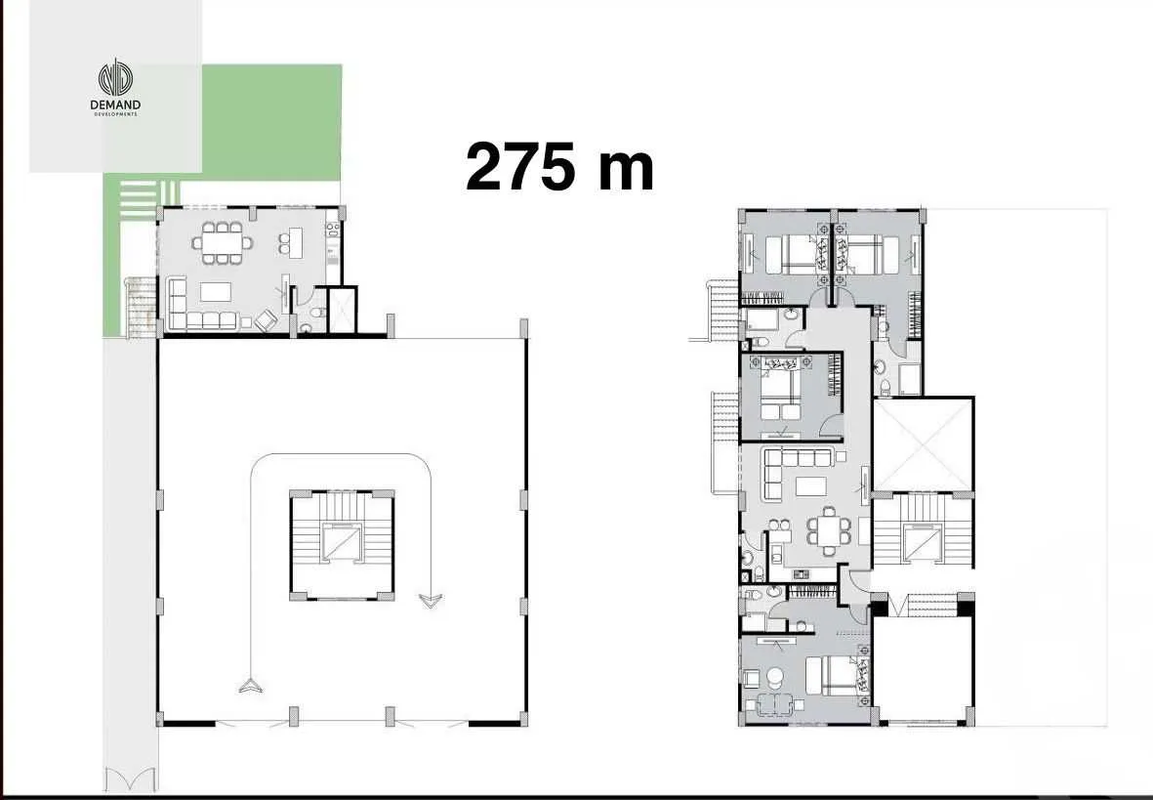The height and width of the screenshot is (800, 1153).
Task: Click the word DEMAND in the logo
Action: (115, 105)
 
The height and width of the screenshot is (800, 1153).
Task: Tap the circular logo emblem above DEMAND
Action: (115, 79)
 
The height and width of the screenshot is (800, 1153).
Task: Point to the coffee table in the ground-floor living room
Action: (216, 291)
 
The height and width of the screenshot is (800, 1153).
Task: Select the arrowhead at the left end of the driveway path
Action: (251, 685)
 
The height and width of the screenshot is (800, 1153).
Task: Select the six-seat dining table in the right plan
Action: (828, 530)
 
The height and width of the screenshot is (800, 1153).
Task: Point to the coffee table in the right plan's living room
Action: (810, 487)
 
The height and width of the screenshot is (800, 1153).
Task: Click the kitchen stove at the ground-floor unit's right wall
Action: (332, 232)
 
